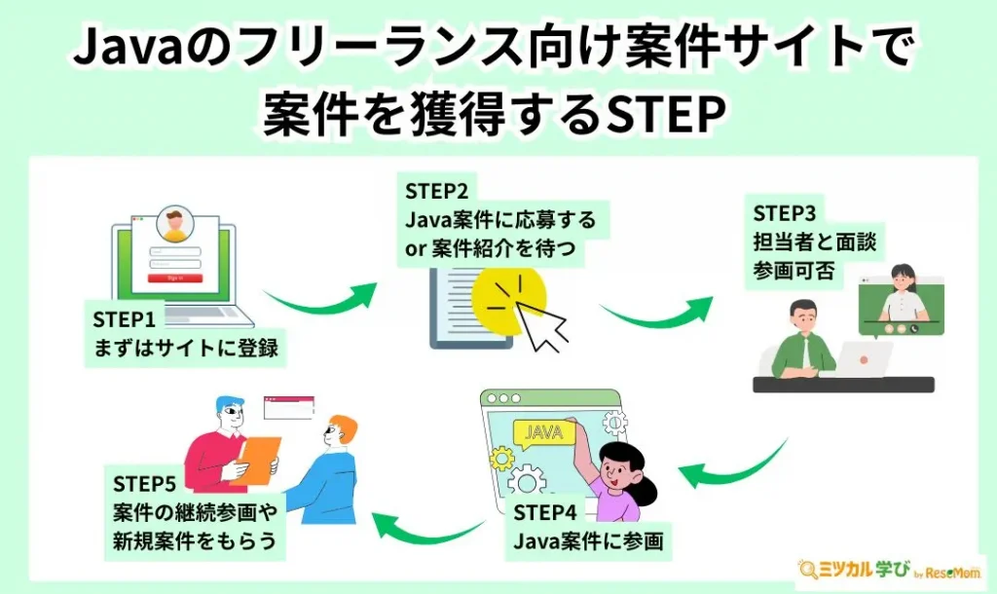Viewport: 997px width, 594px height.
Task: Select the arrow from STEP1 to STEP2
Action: click(320, 297)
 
